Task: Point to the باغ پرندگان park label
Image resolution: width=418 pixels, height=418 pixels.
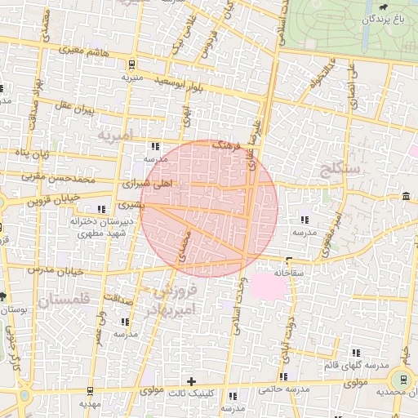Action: (384, 17)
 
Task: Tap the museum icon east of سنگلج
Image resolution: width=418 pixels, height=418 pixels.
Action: (407, 195)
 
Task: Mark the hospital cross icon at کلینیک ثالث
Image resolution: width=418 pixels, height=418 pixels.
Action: (192, 380)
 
